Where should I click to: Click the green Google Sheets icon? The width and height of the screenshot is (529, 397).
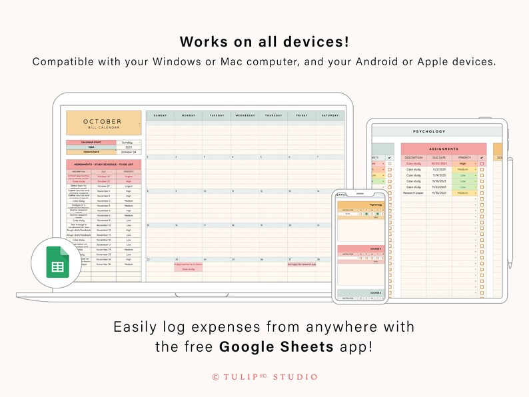tap(56, 262)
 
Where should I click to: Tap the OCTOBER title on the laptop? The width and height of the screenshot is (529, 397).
tap(103, 122)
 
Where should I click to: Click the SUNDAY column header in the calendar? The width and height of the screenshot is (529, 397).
tap(160, 115)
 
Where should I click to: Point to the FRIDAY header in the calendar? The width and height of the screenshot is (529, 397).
tap(301, 115)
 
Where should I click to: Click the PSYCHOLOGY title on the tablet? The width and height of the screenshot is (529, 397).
tap(429, 131)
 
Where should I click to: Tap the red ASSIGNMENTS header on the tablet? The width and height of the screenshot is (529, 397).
tap(443, 149)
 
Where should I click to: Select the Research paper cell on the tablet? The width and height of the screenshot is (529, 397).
tap(413, 193)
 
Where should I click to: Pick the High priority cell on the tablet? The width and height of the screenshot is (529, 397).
tap(462, 163)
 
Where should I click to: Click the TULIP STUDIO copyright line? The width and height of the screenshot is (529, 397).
tap(264, 377)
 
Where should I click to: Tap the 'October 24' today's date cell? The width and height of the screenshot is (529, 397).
tap(129, 152)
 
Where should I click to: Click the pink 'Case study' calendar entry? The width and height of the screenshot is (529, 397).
tap(188, 269)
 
